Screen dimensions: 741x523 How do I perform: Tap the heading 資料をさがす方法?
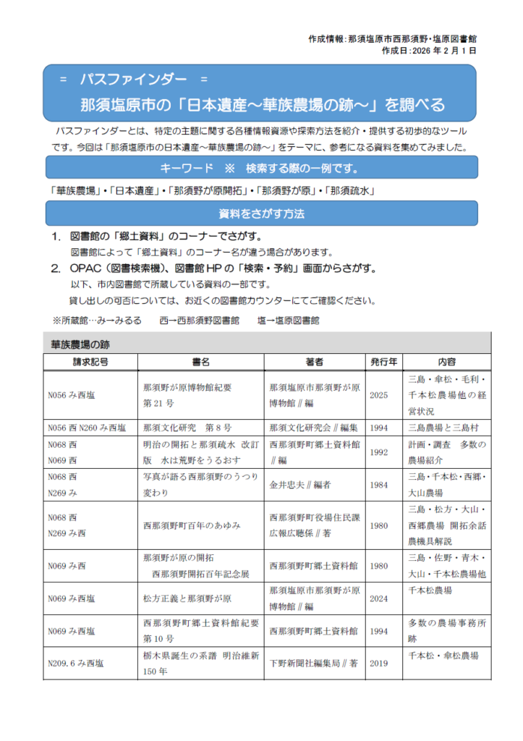[x=261, y=213]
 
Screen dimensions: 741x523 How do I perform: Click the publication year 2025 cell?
[x=379, y=395]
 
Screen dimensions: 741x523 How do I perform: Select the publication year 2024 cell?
[x=379, y=598]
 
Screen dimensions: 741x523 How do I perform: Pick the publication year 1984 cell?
[x=379, y=485]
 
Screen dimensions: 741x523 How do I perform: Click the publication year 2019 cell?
[x=379, y=662]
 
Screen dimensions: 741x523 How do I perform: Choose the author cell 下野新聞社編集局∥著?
[x=313, y=662]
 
